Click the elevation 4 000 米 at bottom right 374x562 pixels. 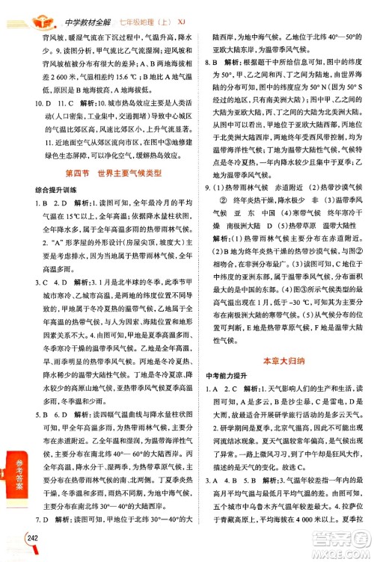(303, 541)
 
